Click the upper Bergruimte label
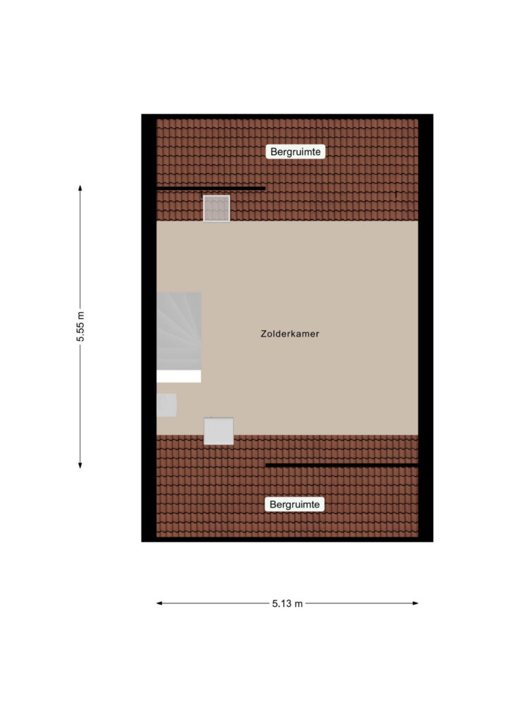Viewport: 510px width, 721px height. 295,152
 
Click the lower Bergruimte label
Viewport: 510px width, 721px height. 294,504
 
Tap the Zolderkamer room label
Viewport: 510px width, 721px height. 290,334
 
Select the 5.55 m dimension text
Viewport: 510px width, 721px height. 80,327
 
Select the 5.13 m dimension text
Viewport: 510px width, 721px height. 287,603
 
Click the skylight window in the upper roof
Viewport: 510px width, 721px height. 216,208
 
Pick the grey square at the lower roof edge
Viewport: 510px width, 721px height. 218,431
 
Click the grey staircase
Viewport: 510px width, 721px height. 179,331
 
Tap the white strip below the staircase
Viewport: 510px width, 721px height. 179,376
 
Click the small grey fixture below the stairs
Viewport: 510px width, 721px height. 166,405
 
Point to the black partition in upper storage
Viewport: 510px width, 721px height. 211,188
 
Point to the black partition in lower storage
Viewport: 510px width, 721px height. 342,465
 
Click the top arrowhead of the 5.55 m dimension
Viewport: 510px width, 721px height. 80,187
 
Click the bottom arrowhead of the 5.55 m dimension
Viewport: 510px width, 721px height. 80,465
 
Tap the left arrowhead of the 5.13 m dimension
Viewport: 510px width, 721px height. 159,603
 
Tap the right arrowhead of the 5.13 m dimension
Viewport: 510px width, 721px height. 416,603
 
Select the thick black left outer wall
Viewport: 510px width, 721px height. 149,328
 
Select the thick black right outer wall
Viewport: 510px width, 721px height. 426,328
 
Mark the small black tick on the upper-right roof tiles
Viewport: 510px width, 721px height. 396,194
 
